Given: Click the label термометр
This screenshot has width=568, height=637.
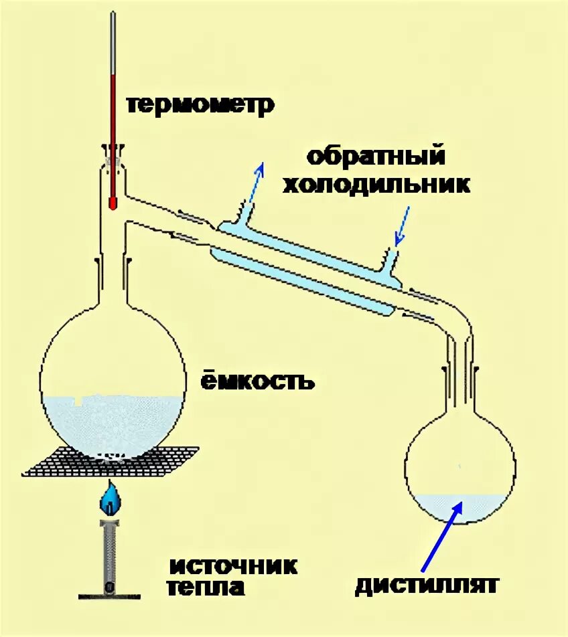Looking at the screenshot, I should tap(200, 105).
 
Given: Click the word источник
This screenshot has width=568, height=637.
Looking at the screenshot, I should tap(232, 565).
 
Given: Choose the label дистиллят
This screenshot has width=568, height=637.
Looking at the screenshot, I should tap(427, 585).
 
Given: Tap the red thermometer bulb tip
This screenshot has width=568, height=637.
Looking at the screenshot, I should tap(113, 201).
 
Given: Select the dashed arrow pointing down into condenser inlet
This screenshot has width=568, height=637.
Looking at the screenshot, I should tap(403, 225).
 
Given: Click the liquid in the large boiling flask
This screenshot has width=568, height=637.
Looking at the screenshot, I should tap(111, 422).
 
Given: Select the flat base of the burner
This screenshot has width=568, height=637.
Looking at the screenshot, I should tap(110, 594).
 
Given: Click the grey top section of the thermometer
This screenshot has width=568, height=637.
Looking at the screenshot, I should tap(113, 40).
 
